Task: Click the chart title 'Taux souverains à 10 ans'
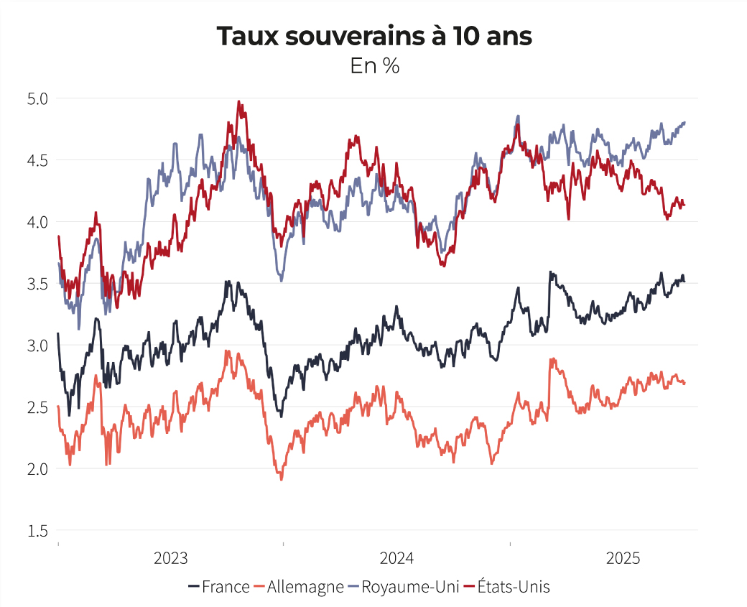click(x=374, y=37)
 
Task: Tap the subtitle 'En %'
click(x=374, y=66)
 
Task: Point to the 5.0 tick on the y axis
click(x=37, y=98)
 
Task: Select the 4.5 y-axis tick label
click(x=37, y=160)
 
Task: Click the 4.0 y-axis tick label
click(x=37, y=222)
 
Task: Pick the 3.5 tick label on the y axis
click(x=37, y=284)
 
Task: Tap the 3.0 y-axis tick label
click(x=37, y=346)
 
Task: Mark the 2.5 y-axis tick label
click(x=37, y=407)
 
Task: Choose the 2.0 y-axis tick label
click(x=37, y=469)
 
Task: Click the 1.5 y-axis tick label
click(x=37, y=531)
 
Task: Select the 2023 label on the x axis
click(x=171, y=559)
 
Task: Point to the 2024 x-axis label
click(x=397, y=559)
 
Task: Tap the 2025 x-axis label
click(x=623, y=559)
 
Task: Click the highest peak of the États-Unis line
click(x=238, y=102)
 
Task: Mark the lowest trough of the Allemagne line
click(x=281, y=479)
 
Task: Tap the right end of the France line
click(x=684, y=281)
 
